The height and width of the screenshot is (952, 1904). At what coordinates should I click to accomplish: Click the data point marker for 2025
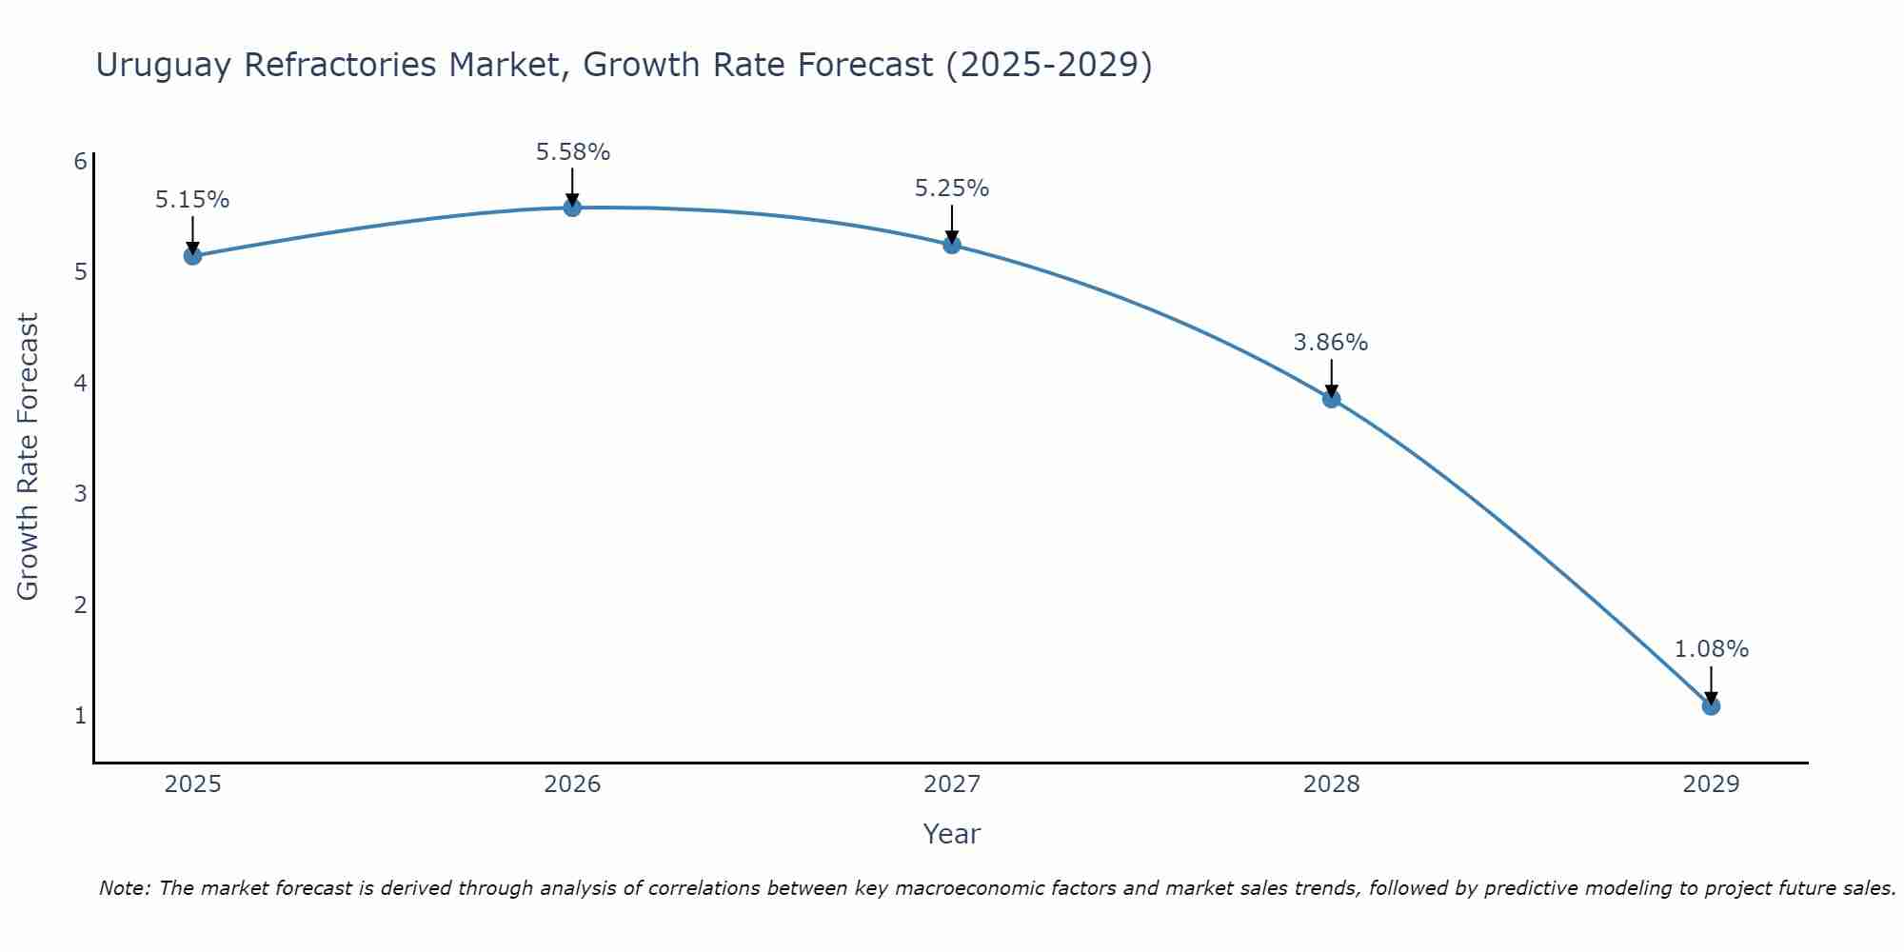(x=192, y=255)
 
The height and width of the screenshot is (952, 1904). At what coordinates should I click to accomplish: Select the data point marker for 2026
(x=572, y=208)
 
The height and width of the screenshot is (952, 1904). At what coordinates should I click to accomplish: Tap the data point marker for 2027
(x=951, y=245)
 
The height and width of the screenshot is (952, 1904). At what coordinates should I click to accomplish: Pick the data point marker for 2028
(x=1331, y=399)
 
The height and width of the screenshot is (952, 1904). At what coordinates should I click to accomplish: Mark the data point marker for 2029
(x=1711, y=706)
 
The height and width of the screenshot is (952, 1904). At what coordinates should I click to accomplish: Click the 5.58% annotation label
(x=572, y=152)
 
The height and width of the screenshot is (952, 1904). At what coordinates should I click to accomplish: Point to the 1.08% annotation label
(x=1711, y=649)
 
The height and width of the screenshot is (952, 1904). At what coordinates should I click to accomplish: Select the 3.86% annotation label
(x=1330, y=343)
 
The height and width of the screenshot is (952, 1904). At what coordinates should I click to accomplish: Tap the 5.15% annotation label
(x=192, y=200)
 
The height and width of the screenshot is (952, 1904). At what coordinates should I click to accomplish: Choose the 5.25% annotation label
(x=951, y=188)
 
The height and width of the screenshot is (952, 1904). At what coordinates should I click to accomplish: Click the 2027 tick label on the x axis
(x=951, y=784)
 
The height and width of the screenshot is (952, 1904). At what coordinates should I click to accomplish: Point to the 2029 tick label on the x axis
(x=1711, y=784)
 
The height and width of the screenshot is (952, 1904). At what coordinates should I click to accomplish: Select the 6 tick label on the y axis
(x=81, y=161)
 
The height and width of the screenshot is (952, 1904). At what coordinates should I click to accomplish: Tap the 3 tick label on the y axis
(x=81, y=493)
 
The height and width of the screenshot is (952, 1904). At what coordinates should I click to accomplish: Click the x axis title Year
(x=951, y=834)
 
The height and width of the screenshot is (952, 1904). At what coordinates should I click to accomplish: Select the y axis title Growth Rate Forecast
(x=29, y=457)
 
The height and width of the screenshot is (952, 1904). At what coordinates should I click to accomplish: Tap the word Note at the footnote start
(x=123, y=888)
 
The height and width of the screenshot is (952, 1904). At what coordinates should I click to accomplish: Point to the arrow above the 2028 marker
(x=1331, y=377)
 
